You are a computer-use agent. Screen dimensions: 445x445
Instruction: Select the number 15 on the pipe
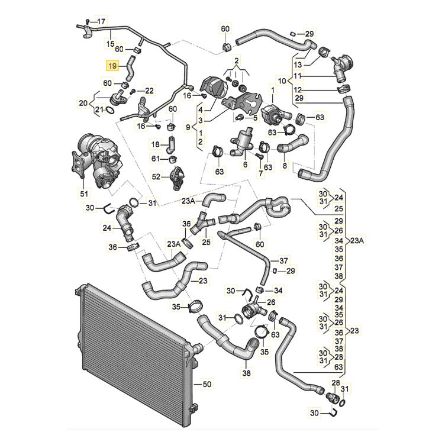coord(109,44)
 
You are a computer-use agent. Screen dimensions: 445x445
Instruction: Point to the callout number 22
coord(149,90)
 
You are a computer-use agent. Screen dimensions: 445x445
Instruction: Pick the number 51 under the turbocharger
coord(83,194)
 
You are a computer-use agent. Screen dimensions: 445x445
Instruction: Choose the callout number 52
coord(156,176)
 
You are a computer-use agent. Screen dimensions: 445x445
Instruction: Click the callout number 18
coord(156,144)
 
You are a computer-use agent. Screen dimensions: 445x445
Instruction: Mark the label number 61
coord(156,159)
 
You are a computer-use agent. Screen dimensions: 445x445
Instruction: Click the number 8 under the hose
coord(284,167)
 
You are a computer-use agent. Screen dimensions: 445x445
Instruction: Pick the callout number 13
coord(298,63)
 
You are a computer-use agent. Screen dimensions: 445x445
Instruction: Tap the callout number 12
coord(298,89)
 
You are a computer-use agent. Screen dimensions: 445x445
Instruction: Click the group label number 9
coord(188,127)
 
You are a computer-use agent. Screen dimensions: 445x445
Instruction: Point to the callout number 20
coord(83,103)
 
